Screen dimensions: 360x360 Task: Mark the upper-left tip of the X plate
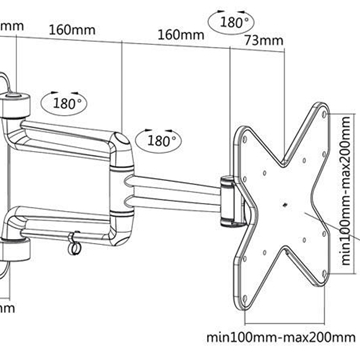point(247,131)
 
